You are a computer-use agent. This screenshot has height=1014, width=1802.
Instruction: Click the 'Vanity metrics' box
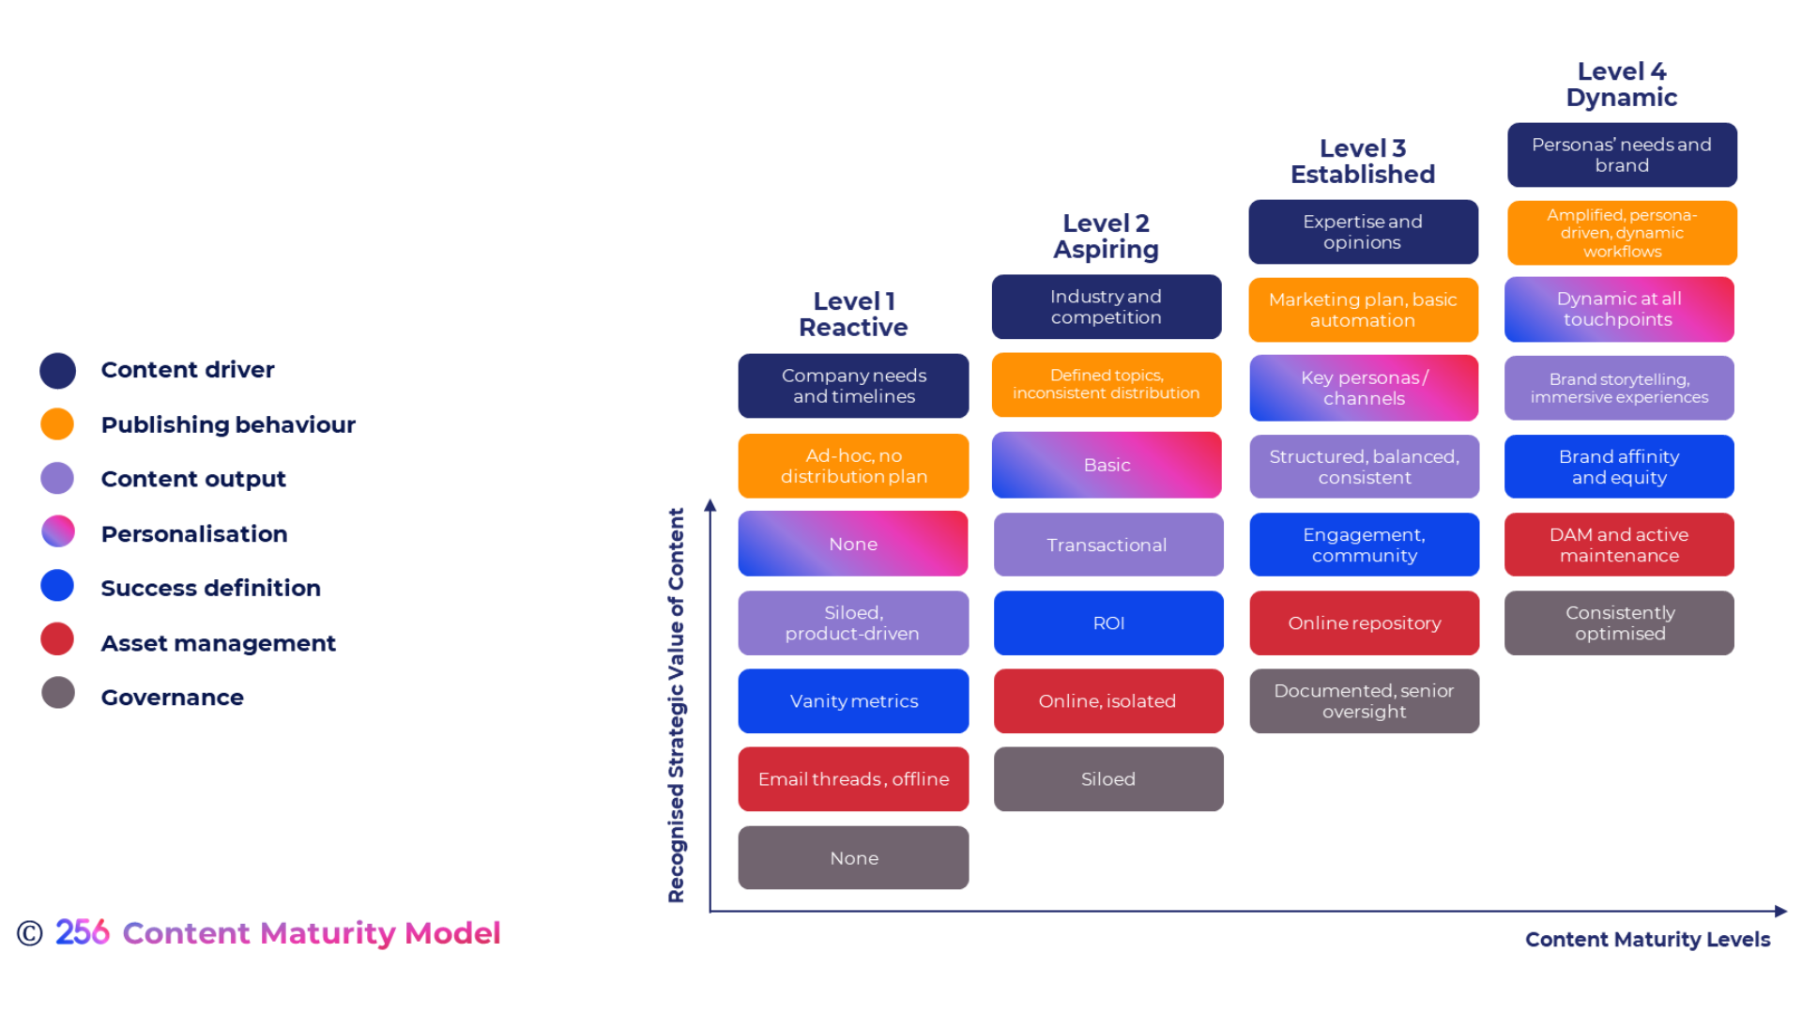click(x=853, y=700)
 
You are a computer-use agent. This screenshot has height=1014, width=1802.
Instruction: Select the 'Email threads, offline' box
click(x=853, y=778)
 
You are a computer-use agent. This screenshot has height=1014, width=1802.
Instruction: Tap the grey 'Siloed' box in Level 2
click(x=1107, y=778)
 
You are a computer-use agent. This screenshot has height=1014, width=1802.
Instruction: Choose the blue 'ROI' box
click(x=1107, y=622)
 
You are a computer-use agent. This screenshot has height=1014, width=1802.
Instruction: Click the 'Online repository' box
click(x=1364, y=622)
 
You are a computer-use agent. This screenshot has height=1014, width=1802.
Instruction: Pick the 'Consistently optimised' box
click(x=1619, y=622)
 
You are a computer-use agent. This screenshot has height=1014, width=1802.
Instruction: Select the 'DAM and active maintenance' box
click(x=1619, y=545)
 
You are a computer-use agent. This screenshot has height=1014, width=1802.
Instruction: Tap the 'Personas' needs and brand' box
click(x=1621, y=155)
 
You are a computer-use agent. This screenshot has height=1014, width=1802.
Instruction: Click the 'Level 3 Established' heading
click(x=1363, y=161)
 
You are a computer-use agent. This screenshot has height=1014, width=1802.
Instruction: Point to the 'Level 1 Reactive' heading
click(x=853, y=315)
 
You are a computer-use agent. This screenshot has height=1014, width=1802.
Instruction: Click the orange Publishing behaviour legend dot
click(x=57, y=424)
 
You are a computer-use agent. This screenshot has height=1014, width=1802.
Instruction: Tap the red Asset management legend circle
click(x=57, y=639)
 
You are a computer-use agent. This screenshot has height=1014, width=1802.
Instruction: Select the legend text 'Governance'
click(x=172, y=698)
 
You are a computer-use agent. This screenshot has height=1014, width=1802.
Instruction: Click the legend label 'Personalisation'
click(x=194, y=534)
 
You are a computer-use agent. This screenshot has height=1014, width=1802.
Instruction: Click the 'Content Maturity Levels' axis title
click(x=1647, y=939)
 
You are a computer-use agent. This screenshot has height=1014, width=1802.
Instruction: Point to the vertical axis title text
click(x=676, y=704)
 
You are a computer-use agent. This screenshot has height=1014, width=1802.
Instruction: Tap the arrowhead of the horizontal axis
click(x=1780, y=911)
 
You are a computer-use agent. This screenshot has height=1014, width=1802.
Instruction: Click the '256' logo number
click(x=83, y=932)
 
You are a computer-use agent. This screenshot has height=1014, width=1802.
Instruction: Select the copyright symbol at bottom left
click(x=30, y=933)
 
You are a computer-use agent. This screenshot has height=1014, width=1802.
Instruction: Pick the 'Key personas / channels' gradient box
click(x=1364, y=388)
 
